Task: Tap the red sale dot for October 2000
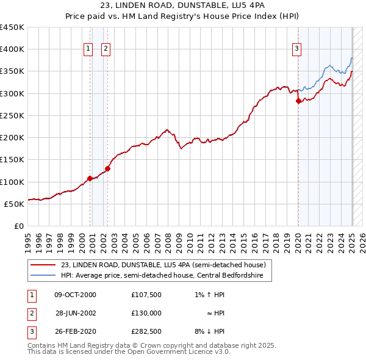point(90,178)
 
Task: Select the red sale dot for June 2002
point(108,168)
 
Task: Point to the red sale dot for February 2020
point(298,101)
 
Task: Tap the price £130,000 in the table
point(146,313)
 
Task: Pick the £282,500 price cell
point(146,331)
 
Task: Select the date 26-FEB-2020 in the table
point(75,331)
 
